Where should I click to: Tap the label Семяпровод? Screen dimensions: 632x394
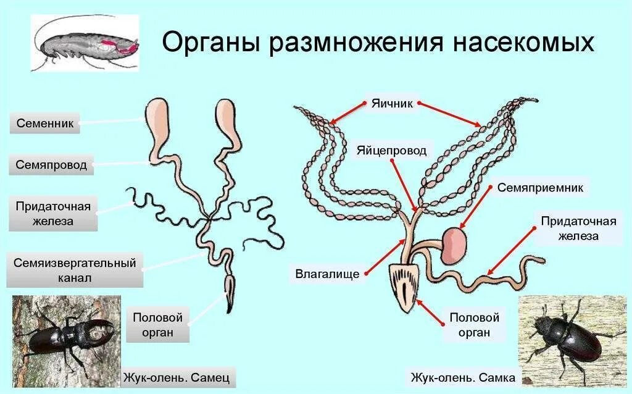point(51,165)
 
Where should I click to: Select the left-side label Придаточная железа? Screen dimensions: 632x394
point(53,214)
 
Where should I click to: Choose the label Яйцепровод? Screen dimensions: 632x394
point(391,150)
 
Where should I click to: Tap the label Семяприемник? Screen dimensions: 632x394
point(540,187)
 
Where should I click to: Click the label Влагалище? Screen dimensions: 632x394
point(327,272)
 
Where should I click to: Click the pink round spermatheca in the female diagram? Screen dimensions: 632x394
point(456,244)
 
